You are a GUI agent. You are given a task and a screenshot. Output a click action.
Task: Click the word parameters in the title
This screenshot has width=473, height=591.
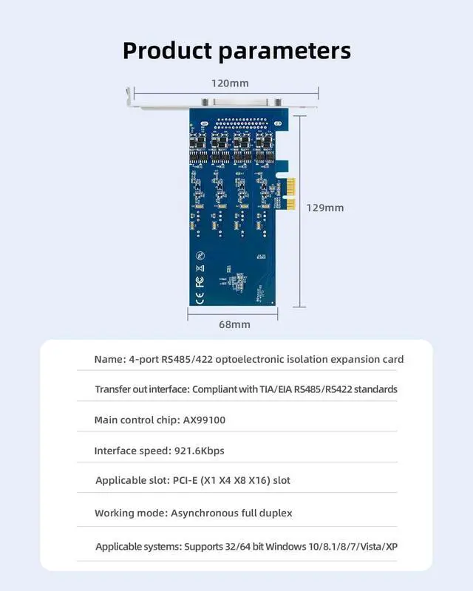[x=285, y=52]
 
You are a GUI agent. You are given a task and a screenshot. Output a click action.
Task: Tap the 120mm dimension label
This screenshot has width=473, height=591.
[x=229, y=82]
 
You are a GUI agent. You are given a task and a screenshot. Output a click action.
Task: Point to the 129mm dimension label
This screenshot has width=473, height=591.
[x=325, y=208]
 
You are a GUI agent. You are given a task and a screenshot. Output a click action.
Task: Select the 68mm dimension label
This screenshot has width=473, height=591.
[x=234, y=324]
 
